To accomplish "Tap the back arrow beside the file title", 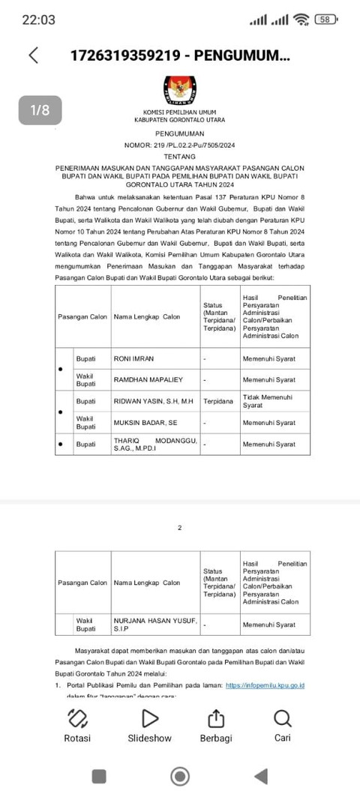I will (33, 55).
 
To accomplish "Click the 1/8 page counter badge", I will (40, 110).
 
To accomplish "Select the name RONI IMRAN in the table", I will (133, 359).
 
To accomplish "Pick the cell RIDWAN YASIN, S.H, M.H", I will (153, 401).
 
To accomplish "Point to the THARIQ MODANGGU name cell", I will (155, 444).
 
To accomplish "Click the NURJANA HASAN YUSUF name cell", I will (155, 624).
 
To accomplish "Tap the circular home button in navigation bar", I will (180, 776).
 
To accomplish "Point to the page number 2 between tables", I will (180, 529).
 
